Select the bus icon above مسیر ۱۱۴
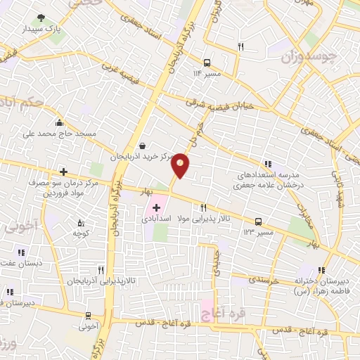pos(207,62)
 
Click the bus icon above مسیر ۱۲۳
pos(258,221)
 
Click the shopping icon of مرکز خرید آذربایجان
pos(143,146)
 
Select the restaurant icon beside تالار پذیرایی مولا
pos(203,207)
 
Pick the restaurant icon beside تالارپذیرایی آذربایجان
pos(101,270)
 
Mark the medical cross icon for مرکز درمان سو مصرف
pos(63,172)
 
